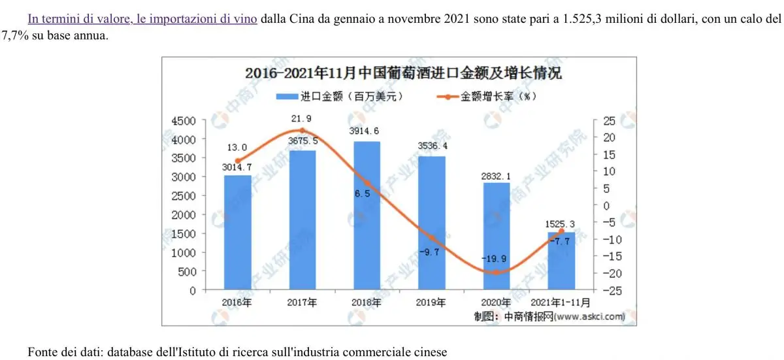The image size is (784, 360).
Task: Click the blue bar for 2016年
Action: click(237, 232)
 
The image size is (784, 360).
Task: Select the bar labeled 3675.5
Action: click(302, 220)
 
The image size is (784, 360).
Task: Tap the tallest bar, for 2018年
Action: click(367, 216)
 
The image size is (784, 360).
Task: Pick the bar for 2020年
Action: click(497, 236)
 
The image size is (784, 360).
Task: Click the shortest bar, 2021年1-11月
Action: click(561, 261)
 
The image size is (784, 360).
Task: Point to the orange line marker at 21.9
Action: click(302, 131)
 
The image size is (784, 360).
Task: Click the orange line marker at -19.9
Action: click(497, 272)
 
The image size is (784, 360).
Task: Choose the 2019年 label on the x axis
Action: click(431, 303)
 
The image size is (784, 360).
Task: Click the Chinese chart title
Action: click(403, 73)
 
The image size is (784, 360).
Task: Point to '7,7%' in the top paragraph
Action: click(14, 35)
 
